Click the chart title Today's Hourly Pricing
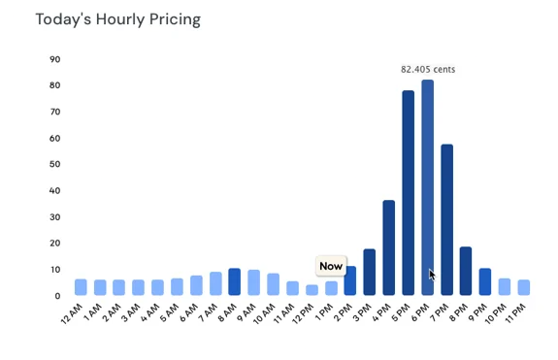119,19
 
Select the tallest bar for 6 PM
427,184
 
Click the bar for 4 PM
389,247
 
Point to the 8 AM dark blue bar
234,282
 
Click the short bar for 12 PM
312,290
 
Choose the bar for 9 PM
485,282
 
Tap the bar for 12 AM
81,287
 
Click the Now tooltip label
331,266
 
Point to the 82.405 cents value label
428,69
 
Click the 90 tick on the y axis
54,60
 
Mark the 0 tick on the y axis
57,296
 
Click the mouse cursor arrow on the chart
432,275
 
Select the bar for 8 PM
466,271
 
